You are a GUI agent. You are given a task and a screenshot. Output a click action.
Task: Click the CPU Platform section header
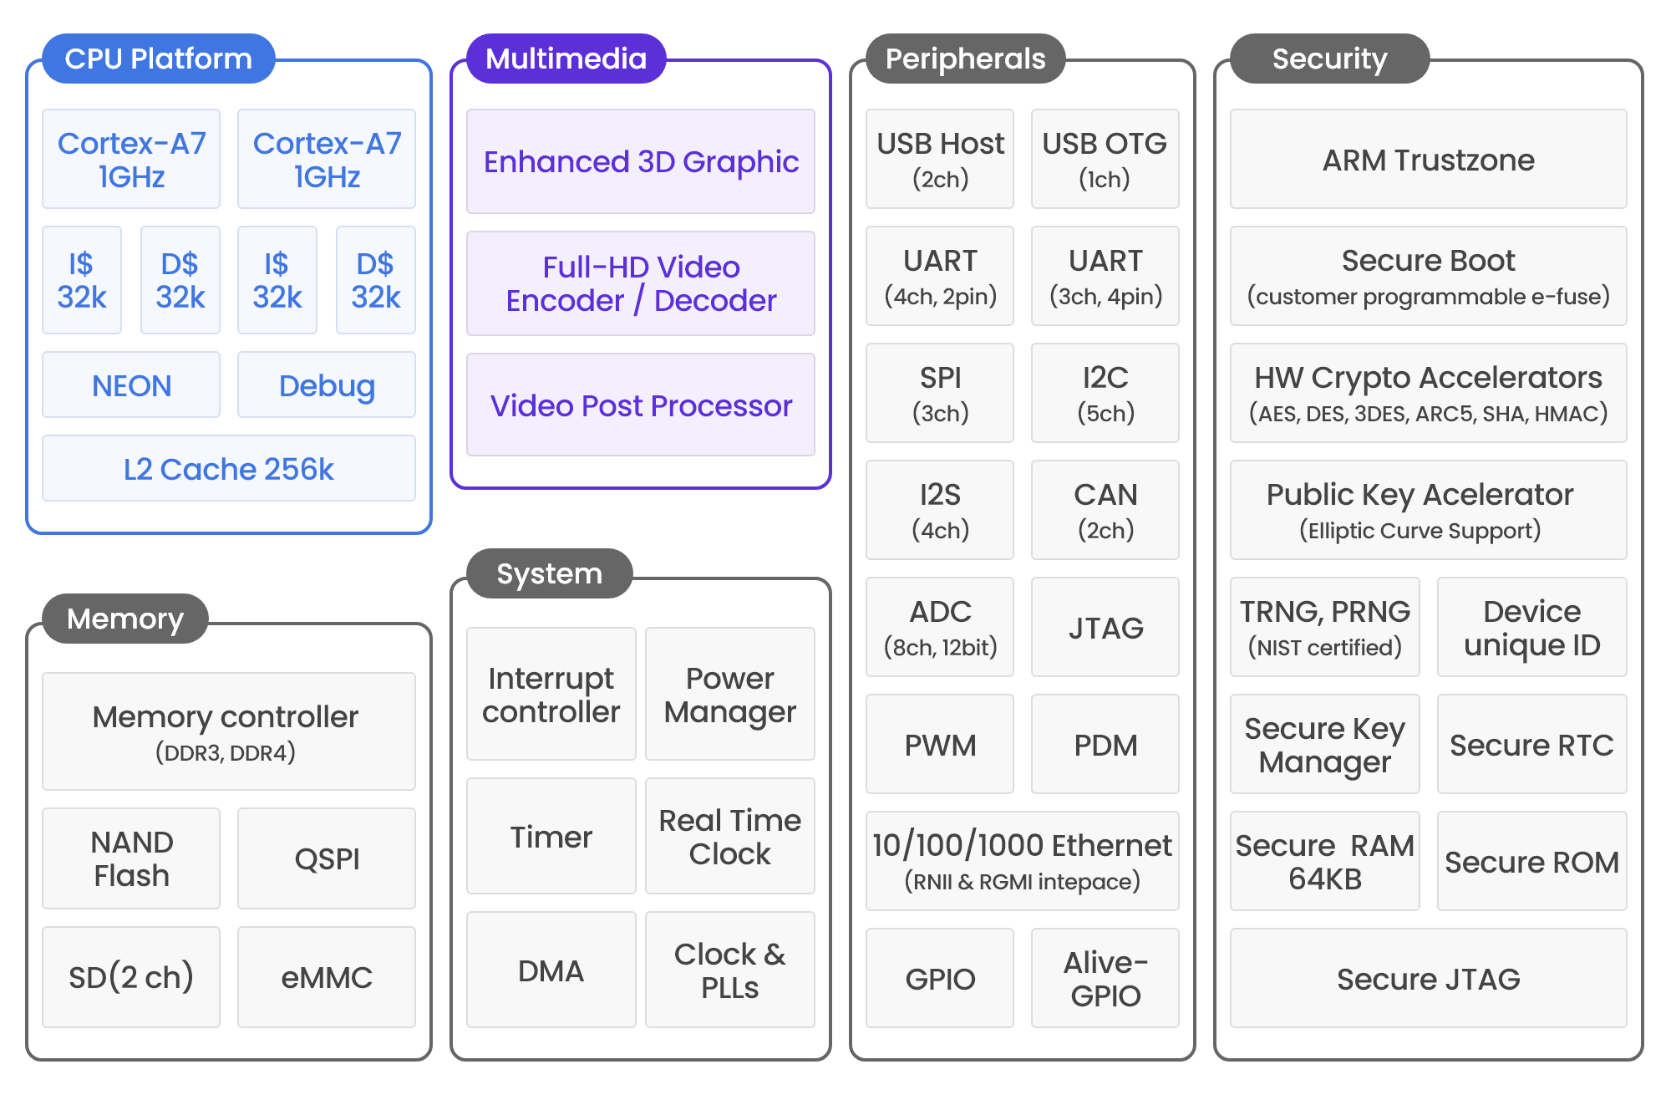159,59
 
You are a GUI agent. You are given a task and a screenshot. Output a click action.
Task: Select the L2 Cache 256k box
229,468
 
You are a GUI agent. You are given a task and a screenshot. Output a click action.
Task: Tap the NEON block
131,385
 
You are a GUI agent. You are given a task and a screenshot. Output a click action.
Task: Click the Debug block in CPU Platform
327,385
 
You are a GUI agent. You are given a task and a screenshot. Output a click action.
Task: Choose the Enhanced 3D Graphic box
641,161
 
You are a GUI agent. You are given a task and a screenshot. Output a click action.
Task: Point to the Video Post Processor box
641,405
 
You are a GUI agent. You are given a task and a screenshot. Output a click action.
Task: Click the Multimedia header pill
566,59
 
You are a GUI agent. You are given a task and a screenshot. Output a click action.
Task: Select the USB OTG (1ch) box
1105,159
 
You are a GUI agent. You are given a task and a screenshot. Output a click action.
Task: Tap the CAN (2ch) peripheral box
1105,510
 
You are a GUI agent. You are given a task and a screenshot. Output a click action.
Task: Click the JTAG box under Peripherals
1105,627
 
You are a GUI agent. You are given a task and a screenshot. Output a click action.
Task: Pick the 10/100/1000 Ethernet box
1023,861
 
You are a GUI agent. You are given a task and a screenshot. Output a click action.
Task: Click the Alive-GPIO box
1105,978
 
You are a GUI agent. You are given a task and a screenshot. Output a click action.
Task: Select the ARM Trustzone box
1429,159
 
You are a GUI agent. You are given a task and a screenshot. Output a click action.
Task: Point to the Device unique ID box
1532,627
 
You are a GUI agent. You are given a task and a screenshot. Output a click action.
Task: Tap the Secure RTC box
1532,744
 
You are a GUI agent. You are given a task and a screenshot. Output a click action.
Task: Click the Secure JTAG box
1429,978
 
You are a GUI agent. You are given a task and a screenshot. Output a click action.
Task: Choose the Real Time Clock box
730,836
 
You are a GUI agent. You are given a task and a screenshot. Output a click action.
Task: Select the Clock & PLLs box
730,970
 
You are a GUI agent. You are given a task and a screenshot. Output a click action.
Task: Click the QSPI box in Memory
327,858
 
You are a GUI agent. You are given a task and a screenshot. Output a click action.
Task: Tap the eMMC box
327,977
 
